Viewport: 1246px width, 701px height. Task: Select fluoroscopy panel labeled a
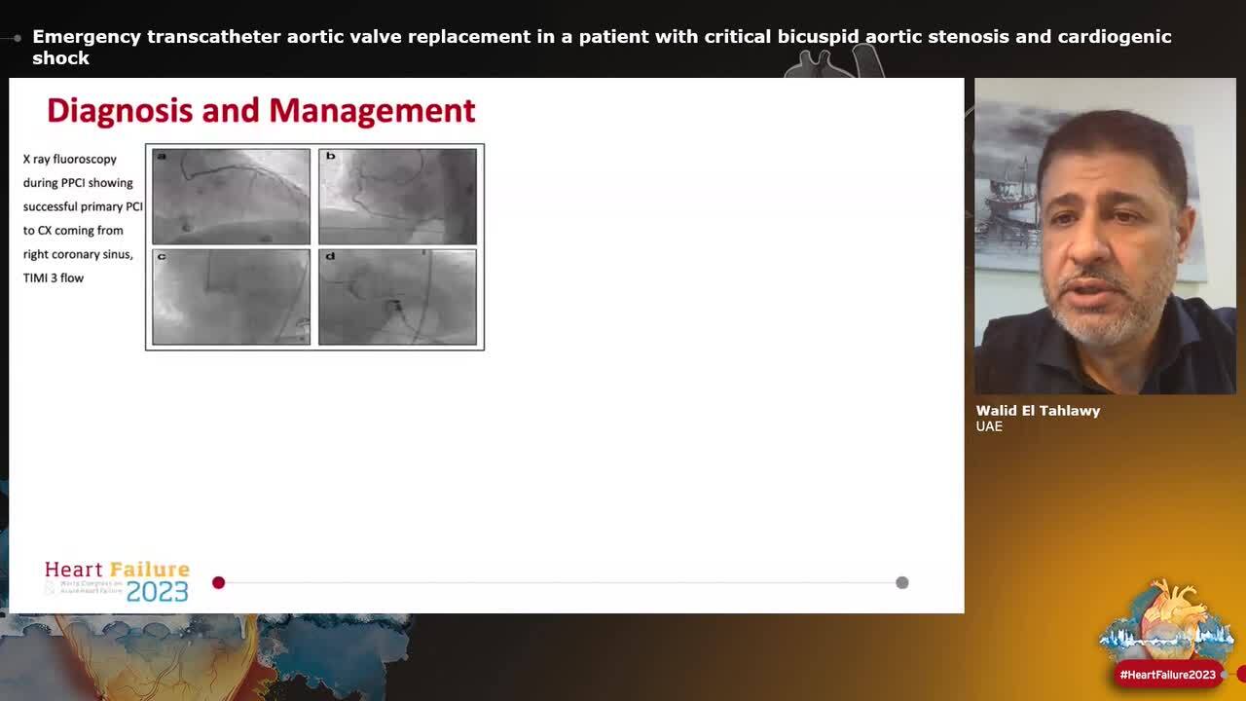coord(231,196)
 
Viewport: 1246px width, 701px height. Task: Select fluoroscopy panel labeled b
coord(397,196)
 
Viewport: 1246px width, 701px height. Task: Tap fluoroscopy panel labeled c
coord(231,297)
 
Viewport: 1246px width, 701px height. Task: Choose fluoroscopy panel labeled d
coord(397,297)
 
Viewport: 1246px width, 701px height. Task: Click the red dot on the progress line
coord(218,582)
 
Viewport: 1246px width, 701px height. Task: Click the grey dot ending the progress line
coord(902,582)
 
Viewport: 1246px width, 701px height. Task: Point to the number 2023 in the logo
coord(157,591)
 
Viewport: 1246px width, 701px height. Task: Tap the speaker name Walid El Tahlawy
coord(1038,411)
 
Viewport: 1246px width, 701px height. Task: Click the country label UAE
coord(989,426)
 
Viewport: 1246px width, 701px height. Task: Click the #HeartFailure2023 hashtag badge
coord(1167,675)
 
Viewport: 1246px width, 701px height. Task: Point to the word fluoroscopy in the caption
coord(85,159)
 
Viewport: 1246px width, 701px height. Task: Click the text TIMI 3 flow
coord(54,278)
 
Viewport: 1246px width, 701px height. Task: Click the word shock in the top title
coord(60,58)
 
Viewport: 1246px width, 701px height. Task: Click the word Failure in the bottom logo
coord(151,570)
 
